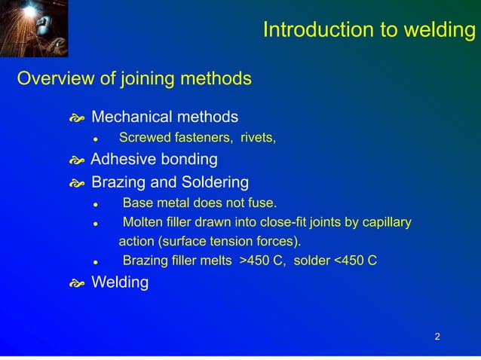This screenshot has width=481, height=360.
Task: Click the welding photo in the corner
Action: pyautogui.click(x=34, y=29)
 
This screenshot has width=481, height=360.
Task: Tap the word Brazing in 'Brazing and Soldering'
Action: pyautogui.click(x=117, y=182)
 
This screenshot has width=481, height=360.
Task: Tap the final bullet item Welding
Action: pyautogui.click(x=120, y=283)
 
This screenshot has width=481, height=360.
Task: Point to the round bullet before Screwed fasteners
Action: pyautogui.click(x=96, y=139)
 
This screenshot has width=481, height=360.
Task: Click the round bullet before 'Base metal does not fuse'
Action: pyautogui.click(x=96, y=203)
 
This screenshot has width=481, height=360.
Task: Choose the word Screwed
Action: pyautogui.click(x=141, y=138)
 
